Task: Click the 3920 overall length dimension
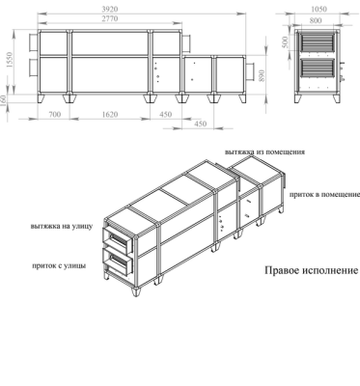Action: click(x=110, y=9)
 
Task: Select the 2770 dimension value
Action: click(x=110, y=18)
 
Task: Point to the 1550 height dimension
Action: click(x=10, y=60)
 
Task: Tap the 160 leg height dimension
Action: click(x=4, y=101)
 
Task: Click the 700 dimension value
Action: click(x=54, y=114)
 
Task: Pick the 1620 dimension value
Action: click(x=110, y=114)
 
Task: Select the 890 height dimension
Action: click(x=262, y=75)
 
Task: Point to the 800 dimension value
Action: click(x=316, y=20)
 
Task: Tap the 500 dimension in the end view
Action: click(x=286, y=42)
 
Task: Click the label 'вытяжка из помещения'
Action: click(x=264, y=152)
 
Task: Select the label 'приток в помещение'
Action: click(x=324, y=195)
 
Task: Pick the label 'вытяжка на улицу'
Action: click(x=62, y=226)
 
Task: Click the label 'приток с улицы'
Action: click(x=59, y=266)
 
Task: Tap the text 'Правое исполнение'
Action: click(x=311, y=270)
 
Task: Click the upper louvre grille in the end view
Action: click(x=318, y=42)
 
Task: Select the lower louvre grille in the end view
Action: click(x=318, y=68)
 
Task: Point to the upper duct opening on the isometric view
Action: click(x=118, y=240)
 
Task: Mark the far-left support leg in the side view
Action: click(x=42, y=98)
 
